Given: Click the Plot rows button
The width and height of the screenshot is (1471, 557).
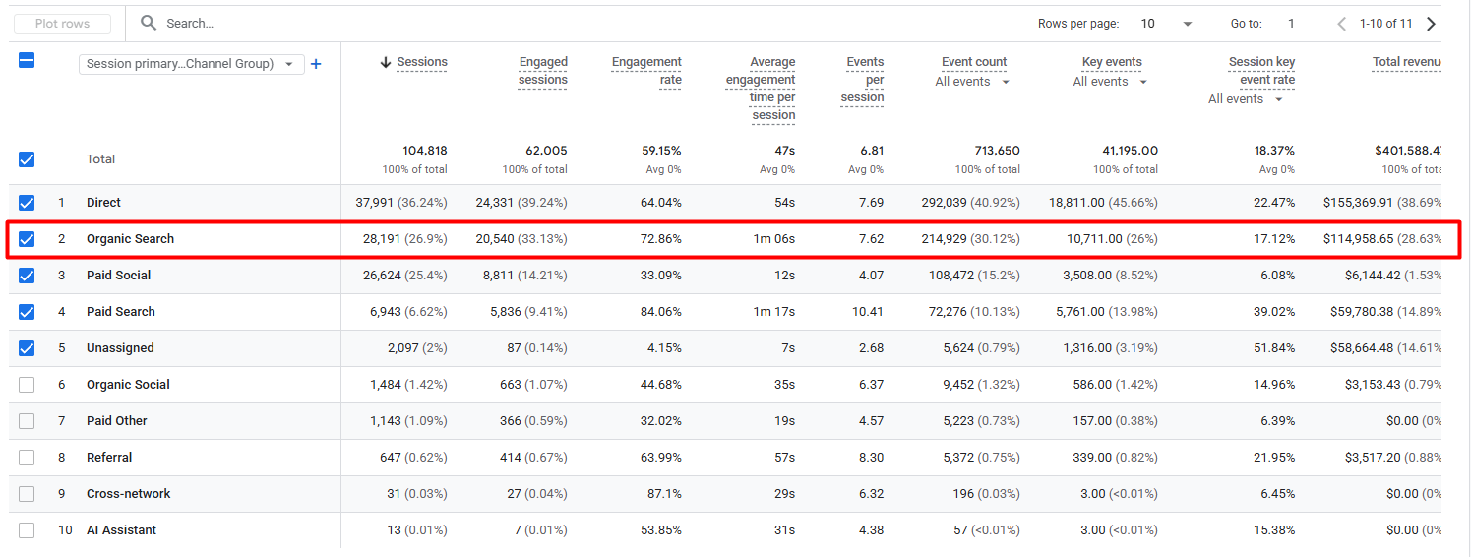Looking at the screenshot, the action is pos(62,24).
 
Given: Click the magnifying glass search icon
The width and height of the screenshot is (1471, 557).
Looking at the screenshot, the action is pos(150,23).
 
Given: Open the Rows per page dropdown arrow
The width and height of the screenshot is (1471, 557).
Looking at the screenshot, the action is pos(1188,24).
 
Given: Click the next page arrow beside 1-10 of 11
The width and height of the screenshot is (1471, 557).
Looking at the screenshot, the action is pos(1432,24).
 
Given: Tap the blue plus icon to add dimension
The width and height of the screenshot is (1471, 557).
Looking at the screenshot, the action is pos(316,64).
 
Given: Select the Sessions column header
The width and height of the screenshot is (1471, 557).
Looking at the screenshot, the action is pos(421,62).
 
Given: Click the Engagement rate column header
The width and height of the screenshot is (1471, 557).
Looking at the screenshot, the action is pos(646,70).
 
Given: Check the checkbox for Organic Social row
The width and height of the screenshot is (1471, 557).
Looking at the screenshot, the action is pos(27,384).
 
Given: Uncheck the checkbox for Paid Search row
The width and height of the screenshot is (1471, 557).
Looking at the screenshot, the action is pos(27,311).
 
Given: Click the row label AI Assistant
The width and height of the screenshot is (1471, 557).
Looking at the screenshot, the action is pos(121,530).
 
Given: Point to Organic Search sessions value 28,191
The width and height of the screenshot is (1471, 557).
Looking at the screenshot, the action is pos(382,239).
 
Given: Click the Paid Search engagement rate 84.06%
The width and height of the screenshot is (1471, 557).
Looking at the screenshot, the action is pos(660,311).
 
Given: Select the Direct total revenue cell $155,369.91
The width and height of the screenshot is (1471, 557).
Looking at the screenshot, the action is pos(1358,203).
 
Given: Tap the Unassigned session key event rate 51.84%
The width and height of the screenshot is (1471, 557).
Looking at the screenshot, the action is pos(1274,348).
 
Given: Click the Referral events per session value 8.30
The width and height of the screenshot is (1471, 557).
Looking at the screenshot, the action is pos(871,458).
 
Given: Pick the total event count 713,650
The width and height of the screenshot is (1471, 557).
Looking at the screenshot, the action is pos(997,151).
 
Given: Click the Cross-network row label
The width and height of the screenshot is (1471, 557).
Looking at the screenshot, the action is pos(129,494).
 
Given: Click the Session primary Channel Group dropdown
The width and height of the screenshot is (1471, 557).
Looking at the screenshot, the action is pos(191,64).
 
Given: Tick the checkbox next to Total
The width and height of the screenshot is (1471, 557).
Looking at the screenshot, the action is pos(27,159).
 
